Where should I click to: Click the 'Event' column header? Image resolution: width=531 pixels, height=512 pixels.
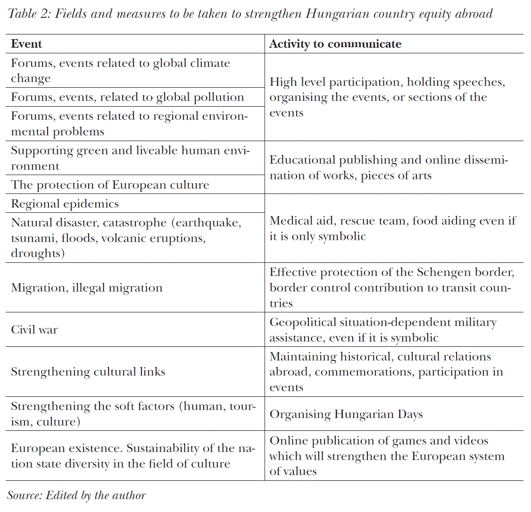point(27,44)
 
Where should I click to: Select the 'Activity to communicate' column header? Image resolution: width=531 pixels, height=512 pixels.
point(335,44)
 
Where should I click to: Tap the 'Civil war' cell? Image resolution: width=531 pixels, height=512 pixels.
point(34,329)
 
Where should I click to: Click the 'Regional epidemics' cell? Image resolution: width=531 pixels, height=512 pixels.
point(65,204)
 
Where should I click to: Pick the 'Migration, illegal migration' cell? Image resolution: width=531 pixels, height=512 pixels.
point(87,288)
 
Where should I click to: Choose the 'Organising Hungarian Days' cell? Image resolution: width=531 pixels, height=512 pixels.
point(346,414)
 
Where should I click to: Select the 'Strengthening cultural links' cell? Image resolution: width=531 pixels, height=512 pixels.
point(88,372)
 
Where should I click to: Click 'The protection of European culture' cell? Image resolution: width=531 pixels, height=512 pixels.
point(110,185)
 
